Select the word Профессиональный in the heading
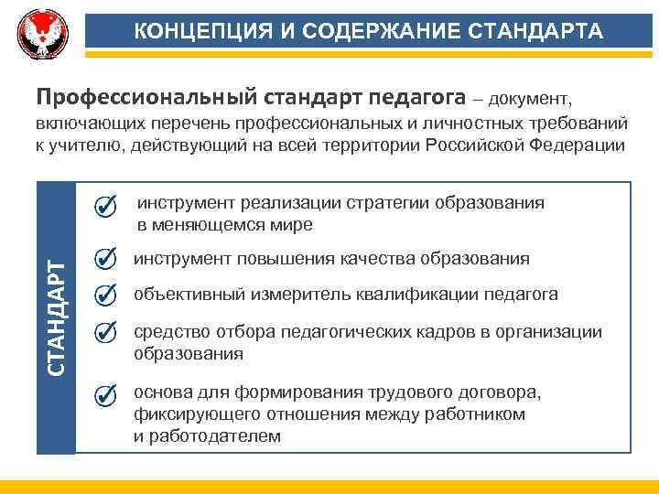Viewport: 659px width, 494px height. (x=146, y=97)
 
